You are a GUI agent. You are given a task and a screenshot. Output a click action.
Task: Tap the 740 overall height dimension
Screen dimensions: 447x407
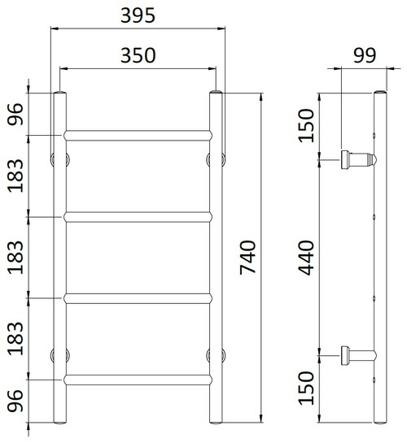point(247,258)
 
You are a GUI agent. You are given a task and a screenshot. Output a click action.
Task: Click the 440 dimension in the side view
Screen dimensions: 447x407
point(307,258)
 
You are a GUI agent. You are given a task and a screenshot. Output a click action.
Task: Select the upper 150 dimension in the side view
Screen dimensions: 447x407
point(307,125)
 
